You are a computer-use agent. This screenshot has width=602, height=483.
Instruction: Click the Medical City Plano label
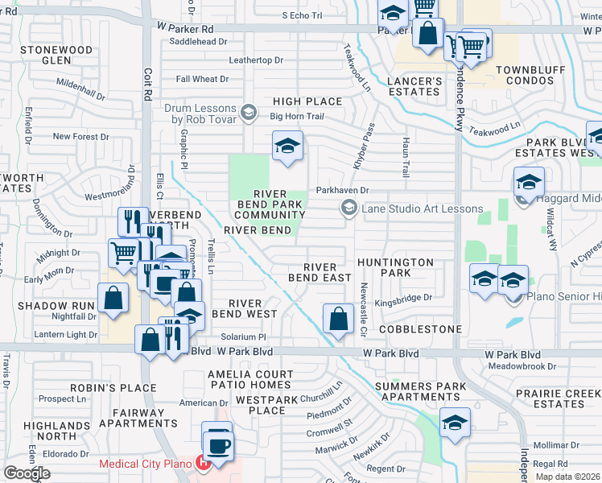(145, 464)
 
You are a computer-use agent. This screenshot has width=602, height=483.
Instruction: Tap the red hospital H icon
(204, 464)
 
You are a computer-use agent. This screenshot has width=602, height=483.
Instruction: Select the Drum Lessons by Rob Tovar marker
(249, 111)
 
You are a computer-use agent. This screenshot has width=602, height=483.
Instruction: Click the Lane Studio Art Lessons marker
(348, 208)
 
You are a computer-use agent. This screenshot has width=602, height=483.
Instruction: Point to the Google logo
(27, 473)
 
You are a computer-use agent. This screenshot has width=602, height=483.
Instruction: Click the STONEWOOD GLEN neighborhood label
(56, 55)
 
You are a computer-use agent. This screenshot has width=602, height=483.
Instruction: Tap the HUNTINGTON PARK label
(395, 267)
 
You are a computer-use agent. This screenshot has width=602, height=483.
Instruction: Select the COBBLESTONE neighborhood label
(420, 329)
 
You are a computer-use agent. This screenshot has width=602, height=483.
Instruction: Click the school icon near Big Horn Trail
(287, 147)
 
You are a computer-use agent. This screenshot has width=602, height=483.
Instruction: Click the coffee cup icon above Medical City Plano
(217, 443)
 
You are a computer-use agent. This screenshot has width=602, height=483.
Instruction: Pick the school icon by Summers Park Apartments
(455, 423)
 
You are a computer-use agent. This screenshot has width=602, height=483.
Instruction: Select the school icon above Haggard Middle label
(528, 182)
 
